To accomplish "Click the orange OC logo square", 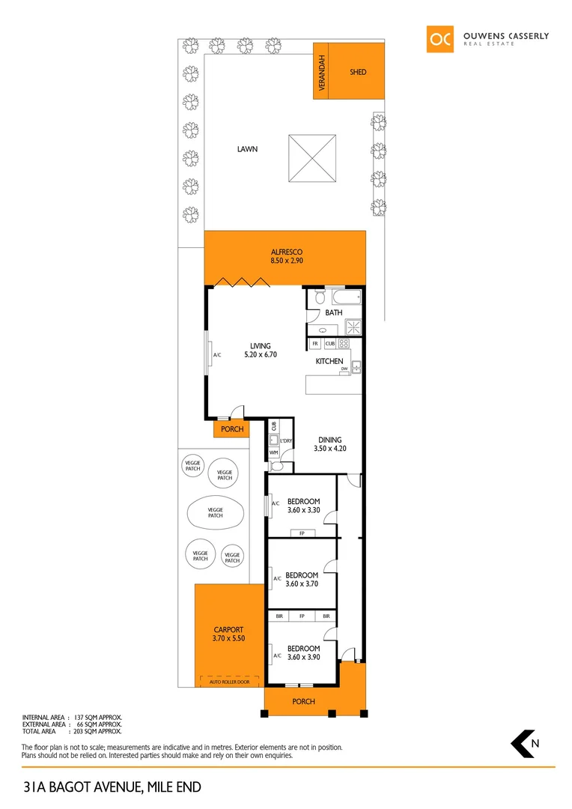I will click(x=440, y=40).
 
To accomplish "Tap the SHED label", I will click(x=358, y=72).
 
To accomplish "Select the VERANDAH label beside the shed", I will click(x=323, y=73).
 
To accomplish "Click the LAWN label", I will click(x=247, y=149).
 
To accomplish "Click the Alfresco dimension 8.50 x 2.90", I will click(x=285, y=261).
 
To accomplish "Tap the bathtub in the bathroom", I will click(x=344, y=298).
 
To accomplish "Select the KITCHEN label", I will click(x=329, y=361).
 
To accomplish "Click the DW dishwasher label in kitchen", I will click(x=344, y=369).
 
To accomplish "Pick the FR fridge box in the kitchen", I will click(x=315, y=344).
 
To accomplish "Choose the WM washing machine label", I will click(x=273, y=453).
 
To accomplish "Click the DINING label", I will click(x=329, y=440).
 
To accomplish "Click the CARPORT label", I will click(x=228, y=630).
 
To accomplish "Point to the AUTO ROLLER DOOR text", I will click(x=228, y=682).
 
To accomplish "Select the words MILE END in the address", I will click(x=174, y=787).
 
